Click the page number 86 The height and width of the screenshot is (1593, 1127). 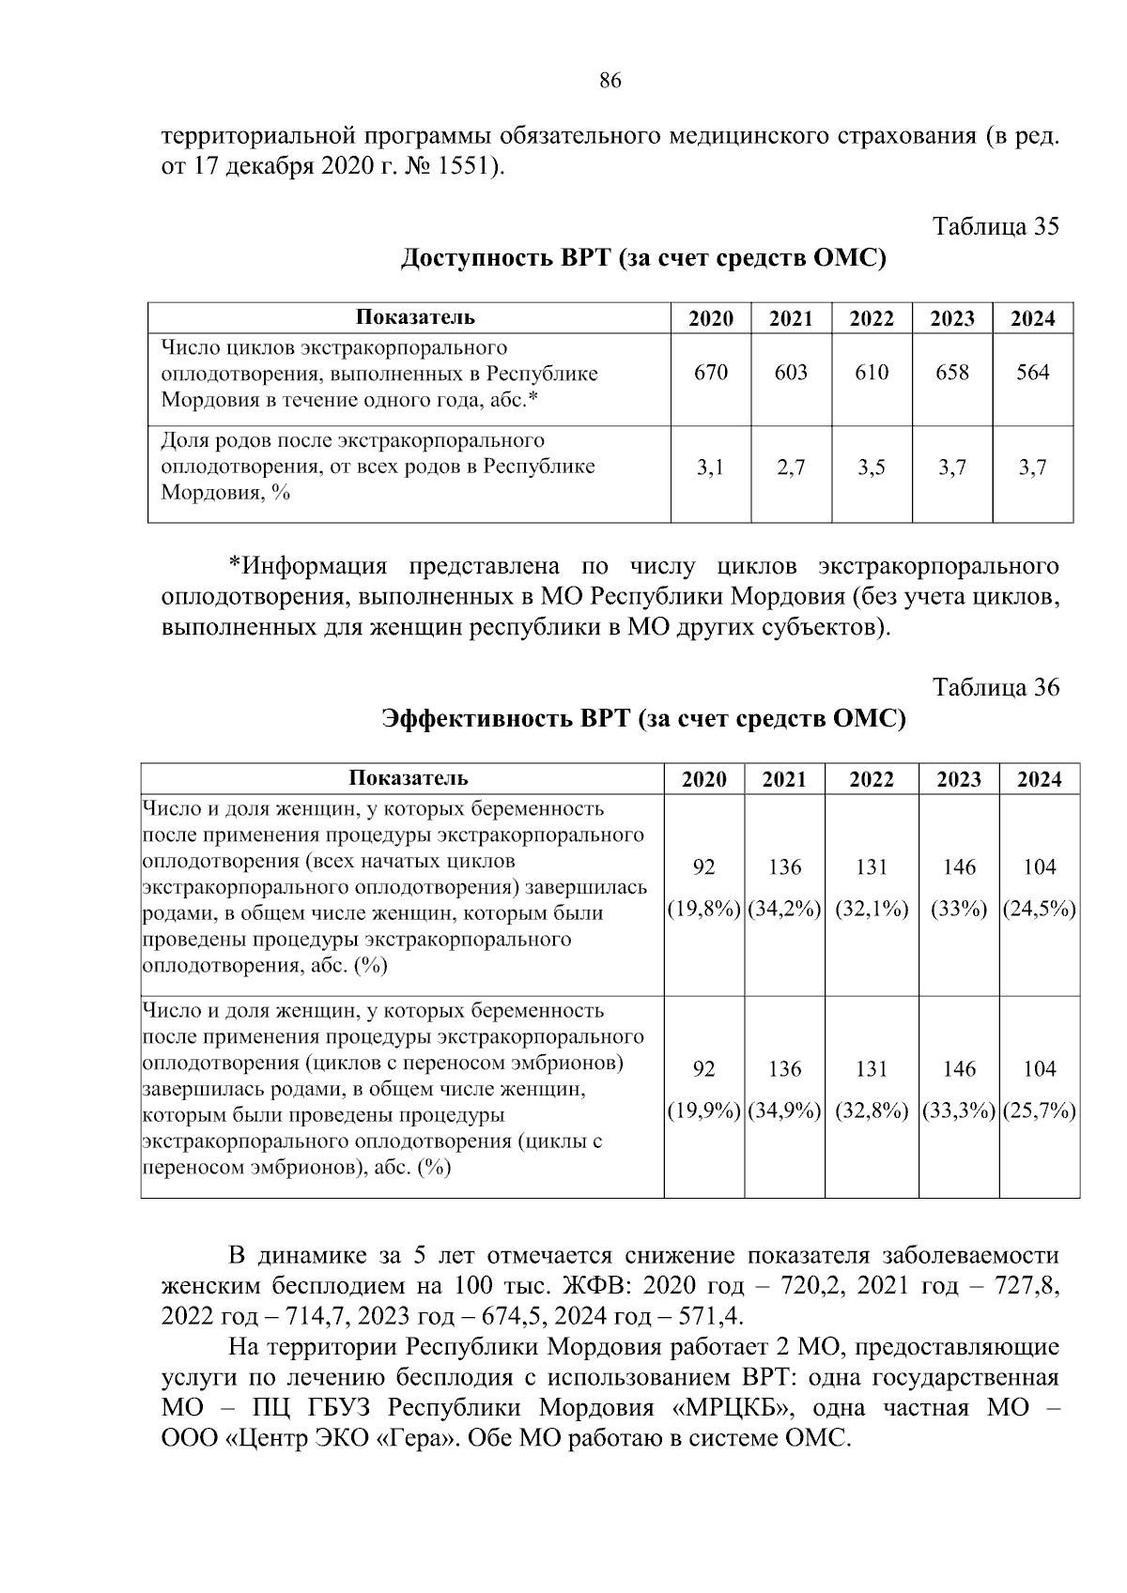tap(610, 81)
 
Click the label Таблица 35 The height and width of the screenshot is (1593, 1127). tap(996, 226)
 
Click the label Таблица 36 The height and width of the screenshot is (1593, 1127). tap(996, 687)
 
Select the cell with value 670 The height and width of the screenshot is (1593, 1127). tap(710, 373)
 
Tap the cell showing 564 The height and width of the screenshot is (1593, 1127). tap(1032, 373)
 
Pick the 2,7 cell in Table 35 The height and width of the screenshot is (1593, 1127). tap(791, 467)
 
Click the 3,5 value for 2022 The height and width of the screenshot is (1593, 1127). tap(872, 467)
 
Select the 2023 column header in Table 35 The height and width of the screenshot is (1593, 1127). tap(952, 319)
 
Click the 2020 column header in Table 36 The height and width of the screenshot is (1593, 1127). tap(703, 780)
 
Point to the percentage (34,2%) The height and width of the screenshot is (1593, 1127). tap(784, 910)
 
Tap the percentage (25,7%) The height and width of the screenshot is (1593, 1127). tap(1039, 1111)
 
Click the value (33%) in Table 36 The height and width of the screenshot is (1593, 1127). tap(959, 910)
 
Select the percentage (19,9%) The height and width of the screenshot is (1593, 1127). tap(703, 1111)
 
